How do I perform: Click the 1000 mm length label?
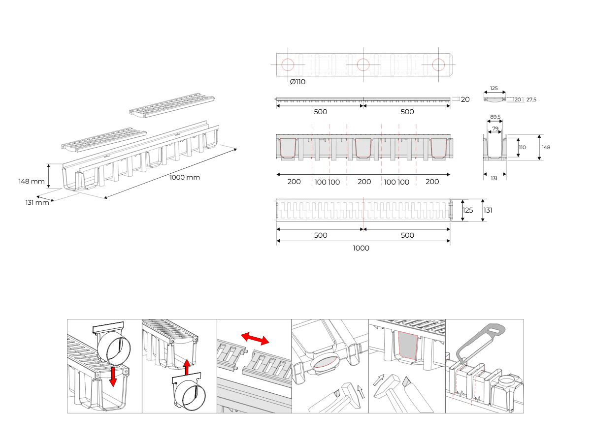[x=185, y=177]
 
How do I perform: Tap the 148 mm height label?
[x=32, y=181]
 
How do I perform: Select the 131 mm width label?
[x=37, y=202]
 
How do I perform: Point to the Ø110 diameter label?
[x=297, y=82]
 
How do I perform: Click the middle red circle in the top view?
[x=363, y=65]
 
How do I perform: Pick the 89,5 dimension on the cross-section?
[x=495, y=117]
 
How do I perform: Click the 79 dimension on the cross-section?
[x=495, y=128]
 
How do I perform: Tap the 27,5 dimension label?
[x=531, y=99]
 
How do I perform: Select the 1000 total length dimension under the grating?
[x=361, y=248]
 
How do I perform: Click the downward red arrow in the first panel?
[x=113, y=377]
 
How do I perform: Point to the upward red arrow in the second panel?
[x=186, y=367]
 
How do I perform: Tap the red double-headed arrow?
[x=255, y=339]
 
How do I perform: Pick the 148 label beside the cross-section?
[x=546, y=147]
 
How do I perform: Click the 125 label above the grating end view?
[x=494, y=88]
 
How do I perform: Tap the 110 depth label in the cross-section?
[x=523, y=147]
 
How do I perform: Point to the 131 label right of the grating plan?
[x=488, y=210]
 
